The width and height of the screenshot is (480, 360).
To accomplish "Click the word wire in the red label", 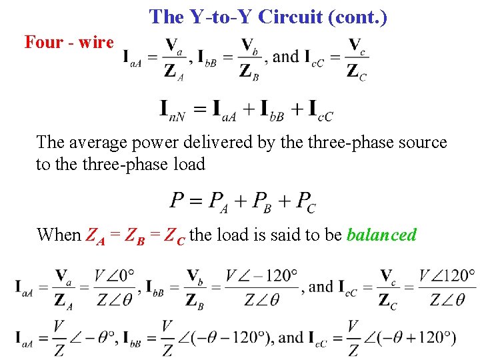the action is (96, 42).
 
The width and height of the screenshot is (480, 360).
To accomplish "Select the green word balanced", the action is (381, 235).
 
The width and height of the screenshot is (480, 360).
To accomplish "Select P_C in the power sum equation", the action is (306, 201).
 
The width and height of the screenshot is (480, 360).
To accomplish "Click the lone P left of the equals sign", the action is (177, 200).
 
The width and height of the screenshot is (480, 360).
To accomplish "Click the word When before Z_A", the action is (59, 235).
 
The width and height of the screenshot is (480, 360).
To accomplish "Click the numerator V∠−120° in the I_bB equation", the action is (261, 275).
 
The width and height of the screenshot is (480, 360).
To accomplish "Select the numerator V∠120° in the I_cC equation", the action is (446, 275).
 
